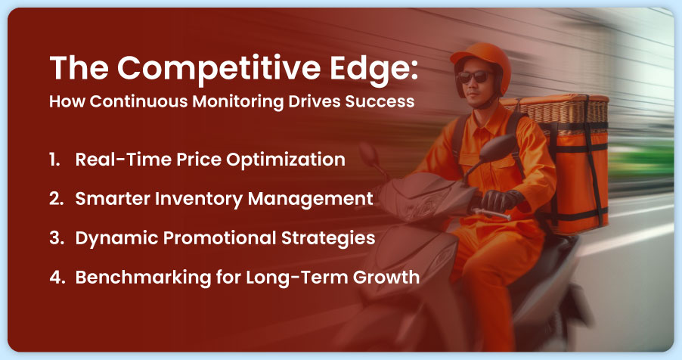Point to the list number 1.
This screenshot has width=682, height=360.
tap(55, 160)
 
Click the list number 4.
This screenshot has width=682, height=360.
tap(56, 278)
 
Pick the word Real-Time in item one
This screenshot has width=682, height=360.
tap(115, 160)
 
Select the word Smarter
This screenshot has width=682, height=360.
tap(107, 199)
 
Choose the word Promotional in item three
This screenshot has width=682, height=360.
tap(213, 238)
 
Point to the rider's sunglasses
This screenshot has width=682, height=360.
tap(473, 77)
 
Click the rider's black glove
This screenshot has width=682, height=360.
tap(500, 201)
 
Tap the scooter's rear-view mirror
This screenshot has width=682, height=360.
tap(370, 156)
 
